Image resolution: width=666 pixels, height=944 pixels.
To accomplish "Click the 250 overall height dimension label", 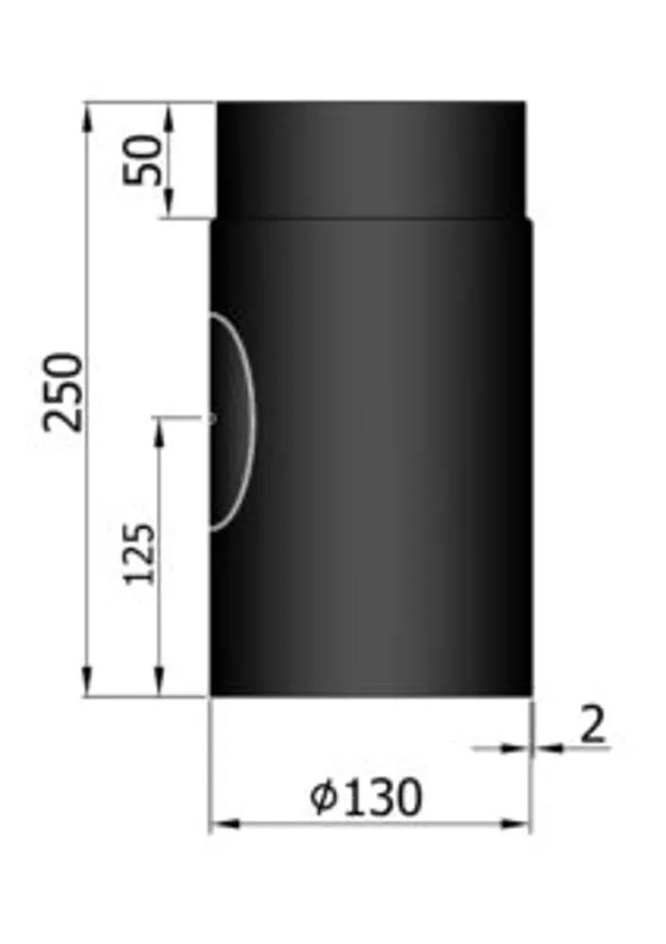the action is [62, 393].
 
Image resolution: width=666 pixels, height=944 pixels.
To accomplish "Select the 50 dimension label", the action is [142, 160].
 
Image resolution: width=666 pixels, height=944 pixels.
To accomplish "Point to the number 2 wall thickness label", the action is [592, 724].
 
